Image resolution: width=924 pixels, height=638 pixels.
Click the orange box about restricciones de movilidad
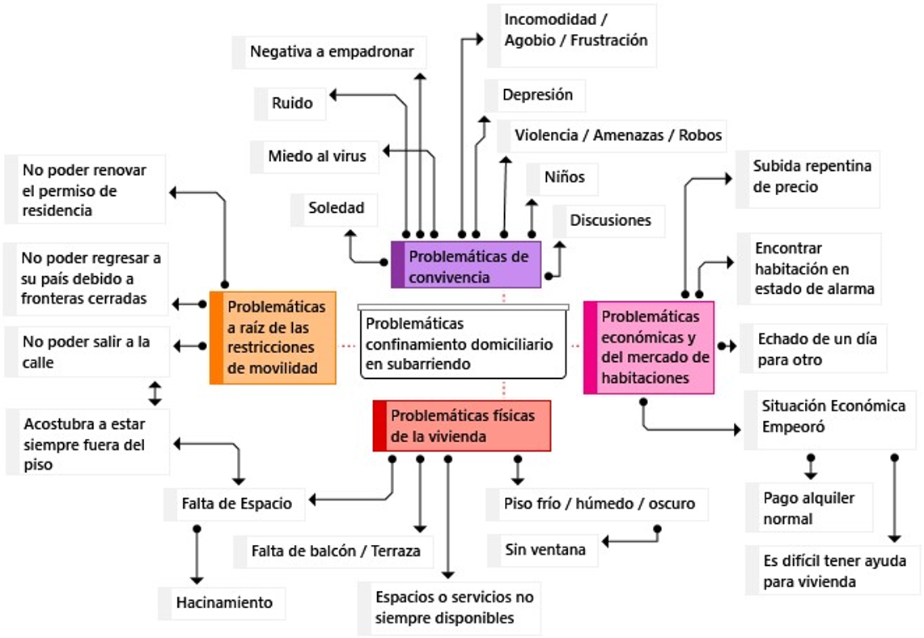273,337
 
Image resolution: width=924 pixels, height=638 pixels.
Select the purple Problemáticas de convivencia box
466,266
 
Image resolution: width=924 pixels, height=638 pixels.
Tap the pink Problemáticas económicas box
649,347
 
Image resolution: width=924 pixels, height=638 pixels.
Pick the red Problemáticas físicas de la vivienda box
461,426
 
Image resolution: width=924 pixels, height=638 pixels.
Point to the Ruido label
292,104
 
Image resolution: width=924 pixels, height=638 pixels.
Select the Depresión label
536,95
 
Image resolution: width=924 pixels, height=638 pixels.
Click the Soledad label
335,208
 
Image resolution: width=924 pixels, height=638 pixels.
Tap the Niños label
564,177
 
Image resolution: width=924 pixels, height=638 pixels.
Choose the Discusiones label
609,220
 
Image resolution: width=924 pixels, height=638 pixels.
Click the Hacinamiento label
223,602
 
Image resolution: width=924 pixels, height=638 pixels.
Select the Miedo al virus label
316,155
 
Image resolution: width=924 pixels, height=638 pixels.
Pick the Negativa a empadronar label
331,52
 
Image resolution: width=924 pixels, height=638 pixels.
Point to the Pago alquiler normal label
807,508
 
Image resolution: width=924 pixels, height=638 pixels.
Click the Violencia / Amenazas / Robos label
617,135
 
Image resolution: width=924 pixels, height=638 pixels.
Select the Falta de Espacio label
236,504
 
